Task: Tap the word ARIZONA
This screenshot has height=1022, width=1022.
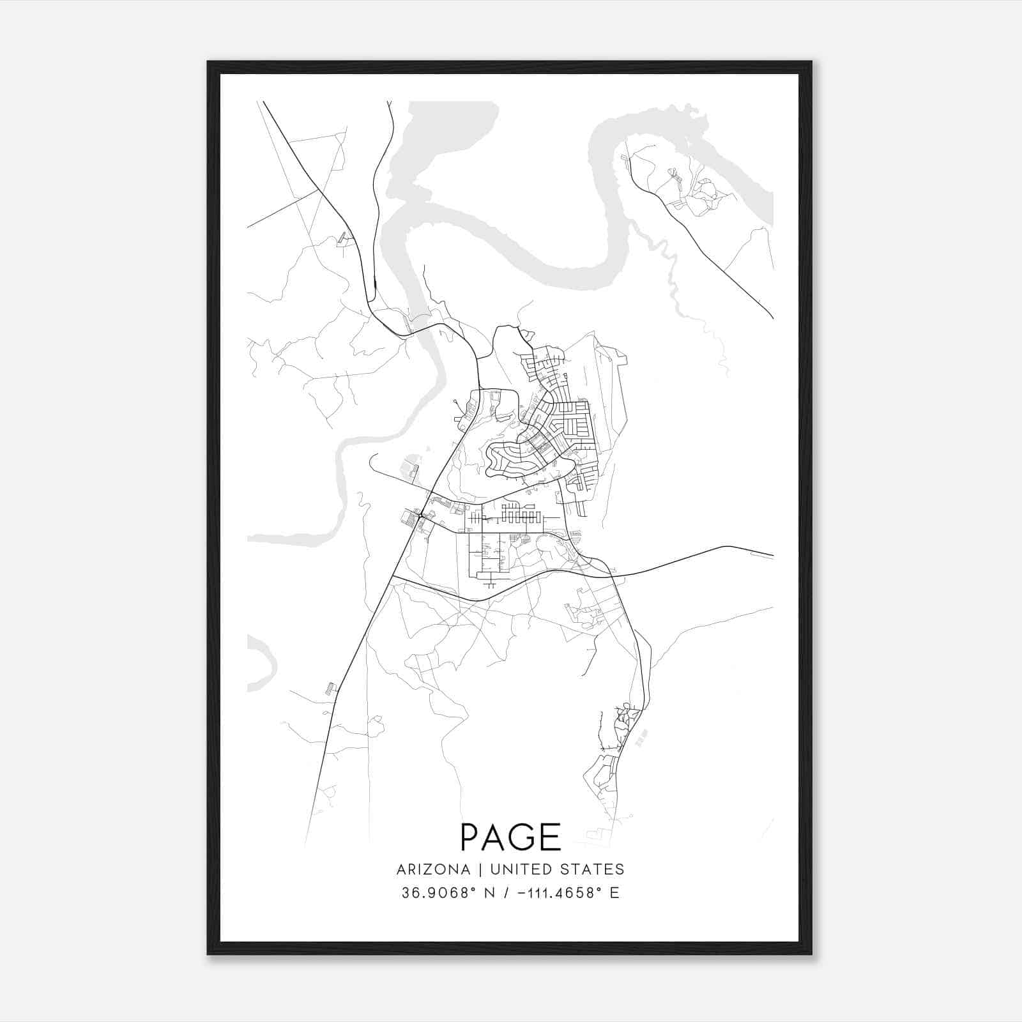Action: [433, 869]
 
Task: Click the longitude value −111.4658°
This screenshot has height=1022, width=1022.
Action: [560, 892]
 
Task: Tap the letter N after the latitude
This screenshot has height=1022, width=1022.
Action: [489, 892]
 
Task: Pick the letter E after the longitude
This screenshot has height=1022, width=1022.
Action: [614, 892]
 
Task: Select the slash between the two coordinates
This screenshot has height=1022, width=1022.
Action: [506, 892]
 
